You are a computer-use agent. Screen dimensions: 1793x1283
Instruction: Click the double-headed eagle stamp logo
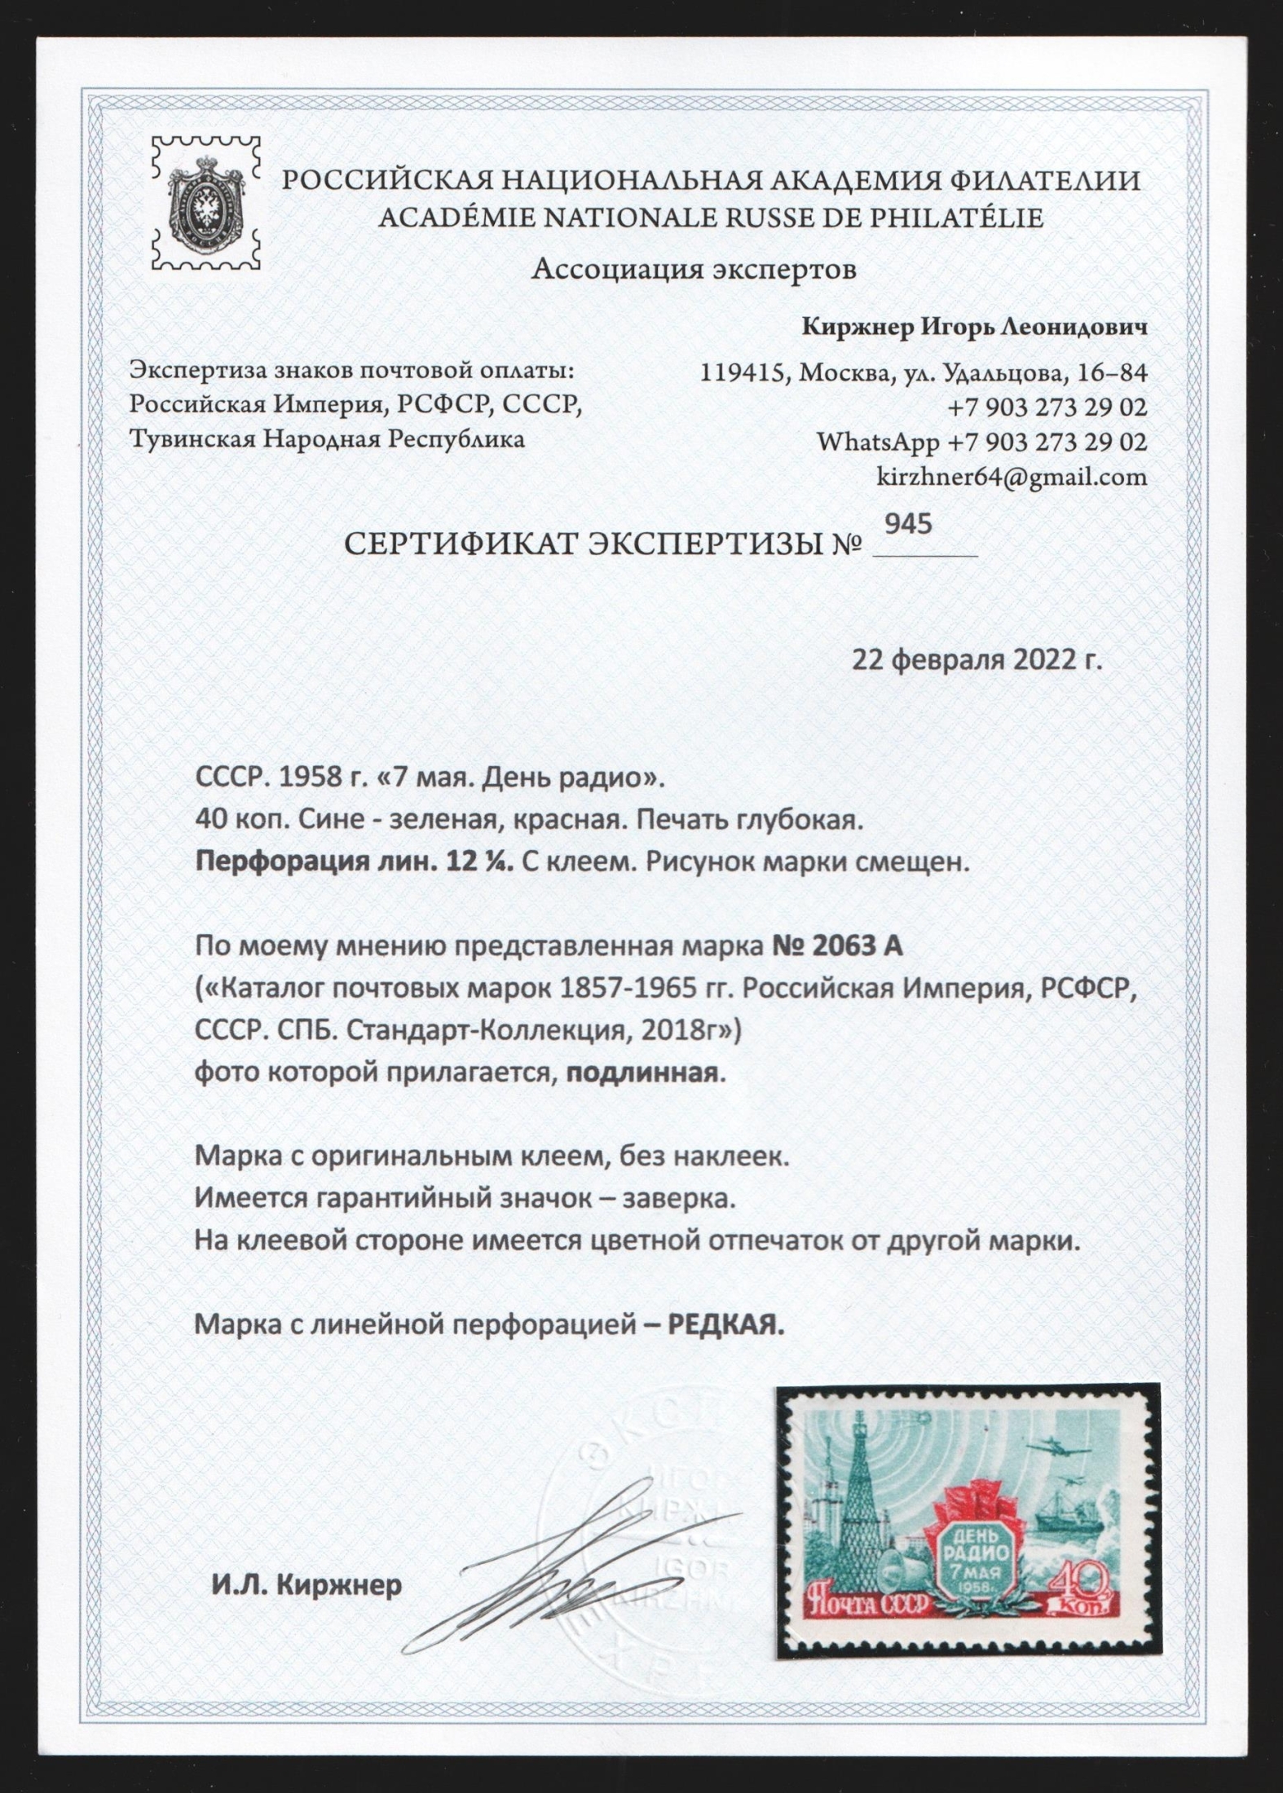coord(206,203)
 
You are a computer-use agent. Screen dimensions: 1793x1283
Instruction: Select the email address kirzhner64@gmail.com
coord(1011,477)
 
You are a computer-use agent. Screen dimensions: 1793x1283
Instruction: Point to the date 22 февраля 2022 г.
coord(977,660)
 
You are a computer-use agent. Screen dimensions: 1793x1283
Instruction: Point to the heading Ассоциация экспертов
coord(694,269)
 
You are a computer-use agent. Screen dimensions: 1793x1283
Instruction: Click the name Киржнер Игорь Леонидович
coord(975,328)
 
